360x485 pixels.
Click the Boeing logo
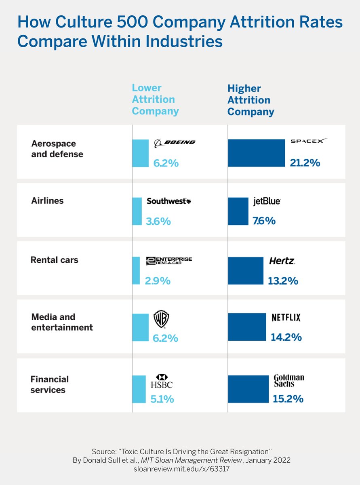pos(175,142)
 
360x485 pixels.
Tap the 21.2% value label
pos(305,163)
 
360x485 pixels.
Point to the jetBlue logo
pos(267,201)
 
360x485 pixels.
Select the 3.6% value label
pos(158,221)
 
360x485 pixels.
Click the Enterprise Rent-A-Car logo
pos(169,261)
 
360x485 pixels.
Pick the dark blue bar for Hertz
pos(245,270)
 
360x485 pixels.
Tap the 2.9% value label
pos(158,280)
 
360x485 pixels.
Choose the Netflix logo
pos(286,318)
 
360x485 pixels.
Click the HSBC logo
pos(162,381)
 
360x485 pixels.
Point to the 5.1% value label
pos(162,399)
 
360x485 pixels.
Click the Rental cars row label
pos(55,260)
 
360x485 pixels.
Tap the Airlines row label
pos(47,201)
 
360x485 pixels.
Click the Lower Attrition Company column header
pos(155,99)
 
